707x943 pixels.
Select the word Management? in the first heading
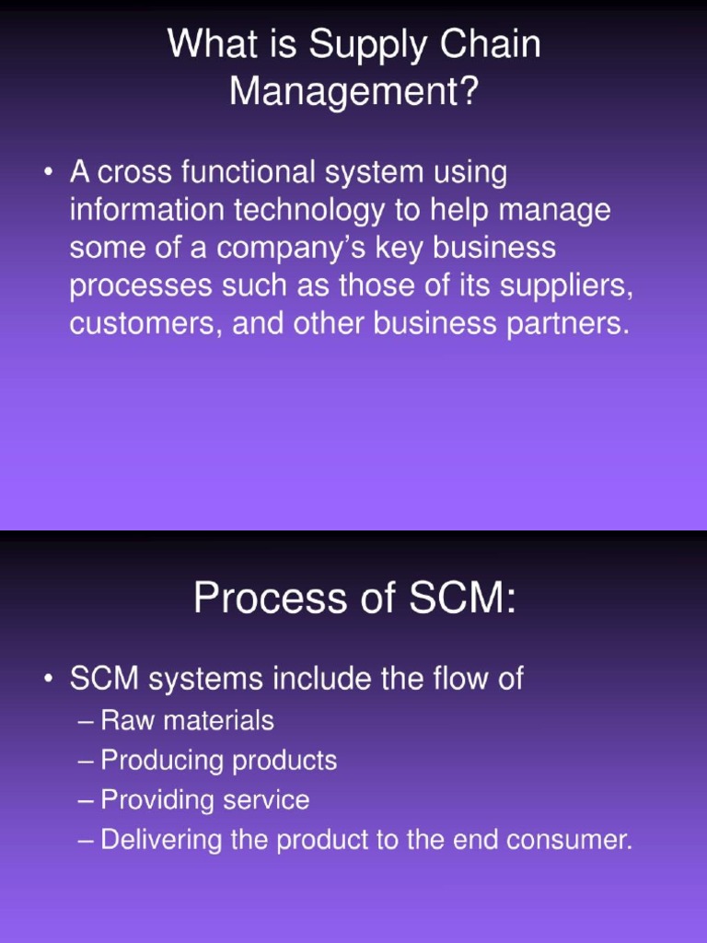click(354, 92)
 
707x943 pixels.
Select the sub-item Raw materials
click(187, 720)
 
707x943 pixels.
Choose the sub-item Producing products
click(218, 761)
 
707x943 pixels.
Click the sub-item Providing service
click(204, 800)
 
